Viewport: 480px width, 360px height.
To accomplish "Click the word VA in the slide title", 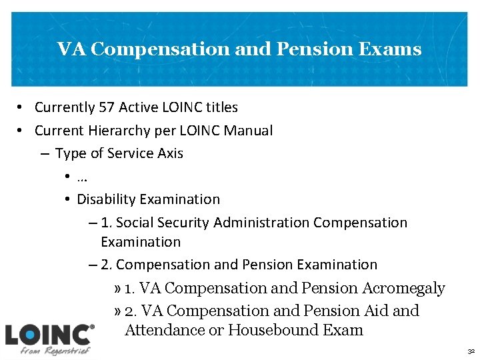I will tap(67, 49).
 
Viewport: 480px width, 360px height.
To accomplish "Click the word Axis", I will tap(170, 153).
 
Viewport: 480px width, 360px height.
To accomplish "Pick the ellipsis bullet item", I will tap(83, 177).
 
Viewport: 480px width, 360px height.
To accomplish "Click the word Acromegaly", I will tap(403, 288).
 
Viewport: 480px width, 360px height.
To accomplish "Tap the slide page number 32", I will tap(470, 349).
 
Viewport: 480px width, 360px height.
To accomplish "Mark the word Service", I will tap(131, 153).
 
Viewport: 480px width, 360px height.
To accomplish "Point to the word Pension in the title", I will tap(306, 49).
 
